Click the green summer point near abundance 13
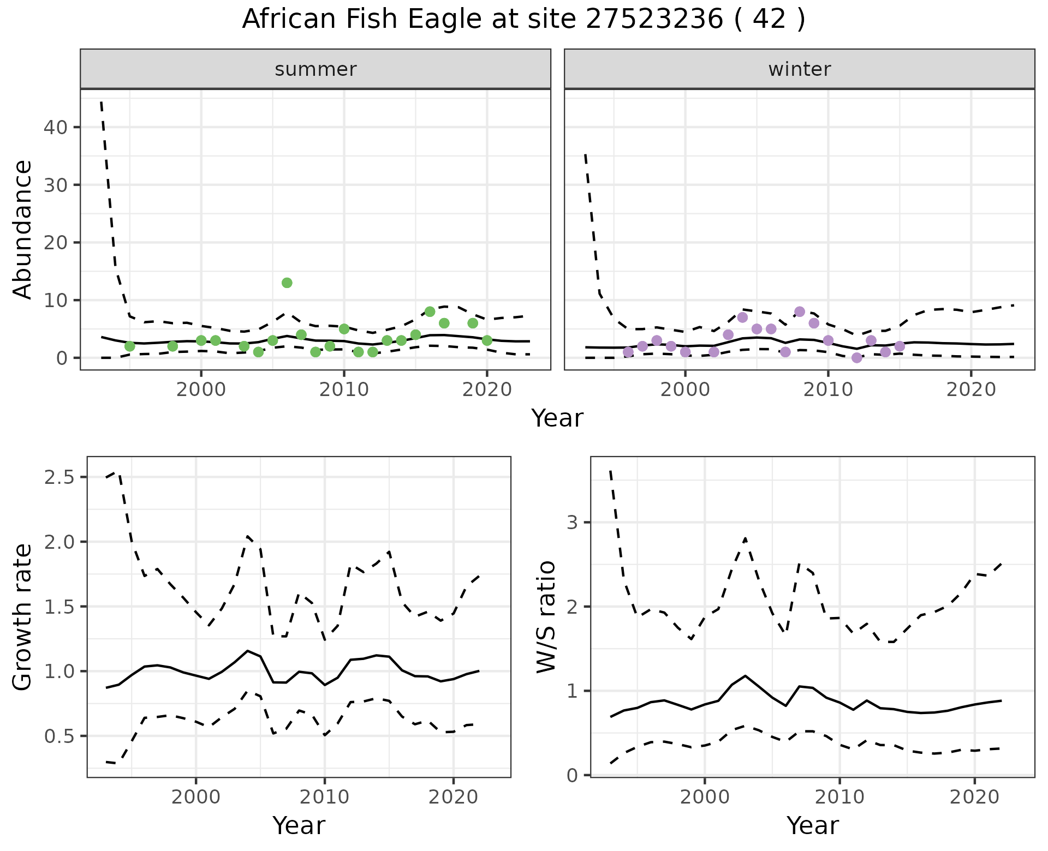tap(287, 283)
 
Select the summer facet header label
tap(315, 69)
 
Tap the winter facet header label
tap(799, 69)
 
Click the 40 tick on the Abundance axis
tap(55, 128)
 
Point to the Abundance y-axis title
tap(22, 229)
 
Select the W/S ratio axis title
tap(546, 617)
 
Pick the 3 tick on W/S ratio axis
tap(571, 523)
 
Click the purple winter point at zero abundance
tap(856, 358)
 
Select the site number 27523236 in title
tap(654, 20)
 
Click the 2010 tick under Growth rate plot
tap(325, 797)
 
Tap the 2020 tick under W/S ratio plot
tap(974, 797)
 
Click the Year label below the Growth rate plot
tap(299, 825)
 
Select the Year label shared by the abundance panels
tap(557, 418)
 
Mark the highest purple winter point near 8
tap(800, 312)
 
